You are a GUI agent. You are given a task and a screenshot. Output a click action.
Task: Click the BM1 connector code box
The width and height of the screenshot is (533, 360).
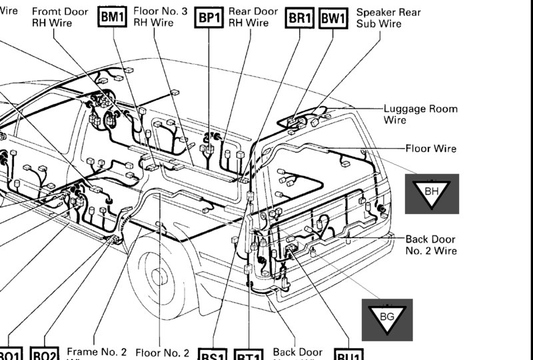pos(112,18)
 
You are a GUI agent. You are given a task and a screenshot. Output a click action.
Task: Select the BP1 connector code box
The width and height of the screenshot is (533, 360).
pos(209,18)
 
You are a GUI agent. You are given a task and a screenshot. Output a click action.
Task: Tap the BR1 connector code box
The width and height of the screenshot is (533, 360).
pos(300,18)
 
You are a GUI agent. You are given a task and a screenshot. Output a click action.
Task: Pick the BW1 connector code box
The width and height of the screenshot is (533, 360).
pos(333,18)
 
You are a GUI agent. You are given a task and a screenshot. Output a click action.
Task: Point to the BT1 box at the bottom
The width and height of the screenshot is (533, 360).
pos(249,356)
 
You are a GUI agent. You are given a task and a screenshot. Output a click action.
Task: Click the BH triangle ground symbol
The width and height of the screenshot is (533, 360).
pos(432,193)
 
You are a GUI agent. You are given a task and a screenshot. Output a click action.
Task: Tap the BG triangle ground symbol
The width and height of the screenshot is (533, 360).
pos(386,318)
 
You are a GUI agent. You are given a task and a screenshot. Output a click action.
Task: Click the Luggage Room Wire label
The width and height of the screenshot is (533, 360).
pos(420,114)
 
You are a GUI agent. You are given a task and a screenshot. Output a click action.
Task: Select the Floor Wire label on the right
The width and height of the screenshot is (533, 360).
pos(430,149)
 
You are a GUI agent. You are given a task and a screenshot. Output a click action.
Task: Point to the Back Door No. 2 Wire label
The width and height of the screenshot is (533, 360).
pos(431,245)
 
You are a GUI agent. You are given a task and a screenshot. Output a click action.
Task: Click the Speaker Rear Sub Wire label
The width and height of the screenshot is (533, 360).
pos(388,18)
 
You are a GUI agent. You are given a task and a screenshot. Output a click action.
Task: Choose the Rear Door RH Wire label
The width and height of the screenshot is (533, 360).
pos(253,17)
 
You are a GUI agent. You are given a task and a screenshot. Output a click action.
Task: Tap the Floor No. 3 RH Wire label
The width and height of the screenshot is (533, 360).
pos(160,17)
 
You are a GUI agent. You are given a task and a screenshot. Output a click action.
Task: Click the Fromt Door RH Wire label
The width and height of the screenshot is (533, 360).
pos(59,17)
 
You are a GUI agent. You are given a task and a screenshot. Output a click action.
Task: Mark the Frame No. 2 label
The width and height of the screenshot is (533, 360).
pos(97,353)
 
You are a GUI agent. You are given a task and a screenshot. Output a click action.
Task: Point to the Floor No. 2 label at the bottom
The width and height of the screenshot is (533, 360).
pos(163,353)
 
